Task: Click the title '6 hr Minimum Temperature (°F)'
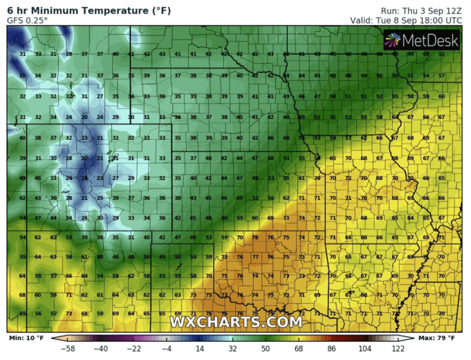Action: pyautogui.click(x=89, y=10)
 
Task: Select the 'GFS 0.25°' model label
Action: pyautogui.click(x=28, y=21)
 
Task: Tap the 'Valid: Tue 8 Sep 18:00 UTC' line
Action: pyautogui.click(x=409, y=21)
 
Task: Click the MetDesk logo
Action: pyautogui.click(x=423, y=41)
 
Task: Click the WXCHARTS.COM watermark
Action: pyautogui.click(x=236, y=322)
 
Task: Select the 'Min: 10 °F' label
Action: pyautogui.click(x=26, y=338)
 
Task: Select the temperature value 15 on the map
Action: pyautogui.click(x=22, y=75)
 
